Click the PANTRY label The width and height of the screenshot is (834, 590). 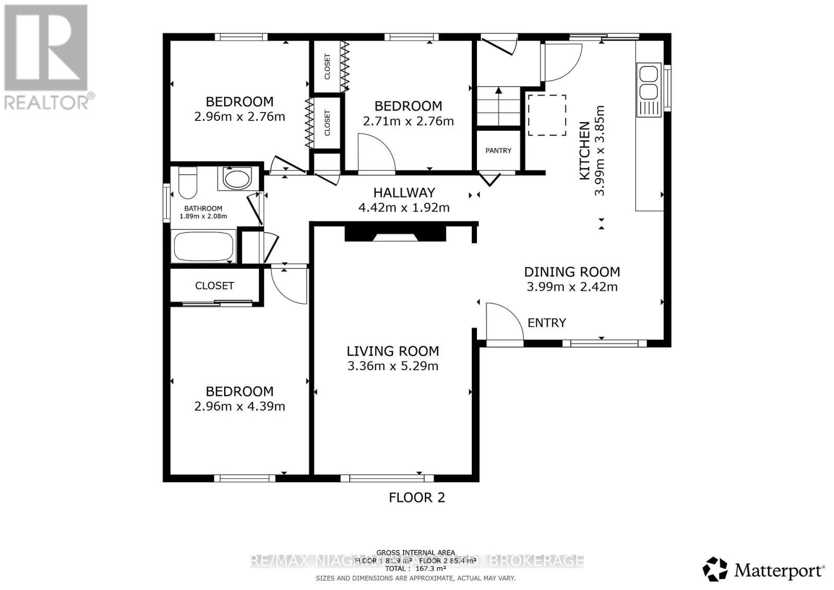(498, 151)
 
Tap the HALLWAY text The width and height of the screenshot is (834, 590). (404, 193)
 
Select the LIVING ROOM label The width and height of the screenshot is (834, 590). (393, 351)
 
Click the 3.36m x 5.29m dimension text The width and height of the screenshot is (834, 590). (393, 366)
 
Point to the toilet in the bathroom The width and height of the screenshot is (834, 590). (187, 182)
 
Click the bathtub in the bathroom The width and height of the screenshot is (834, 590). (203, 247)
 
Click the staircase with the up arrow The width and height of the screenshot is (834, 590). (499, 107)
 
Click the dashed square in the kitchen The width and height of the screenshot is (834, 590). (547, 115)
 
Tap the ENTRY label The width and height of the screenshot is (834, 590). (546, 323)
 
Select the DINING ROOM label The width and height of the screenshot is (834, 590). (572, 272)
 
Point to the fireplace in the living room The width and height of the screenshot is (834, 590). (395, 233)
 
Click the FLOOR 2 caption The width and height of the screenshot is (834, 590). (417, 498)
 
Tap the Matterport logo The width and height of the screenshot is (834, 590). (764, 570)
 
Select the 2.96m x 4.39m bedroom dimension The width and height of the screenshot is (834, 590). (239, 407)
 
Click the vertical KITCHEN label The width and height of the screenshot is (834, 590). (585, 151)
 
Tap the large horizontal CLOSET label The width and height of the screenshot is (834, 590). (214, 286)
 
